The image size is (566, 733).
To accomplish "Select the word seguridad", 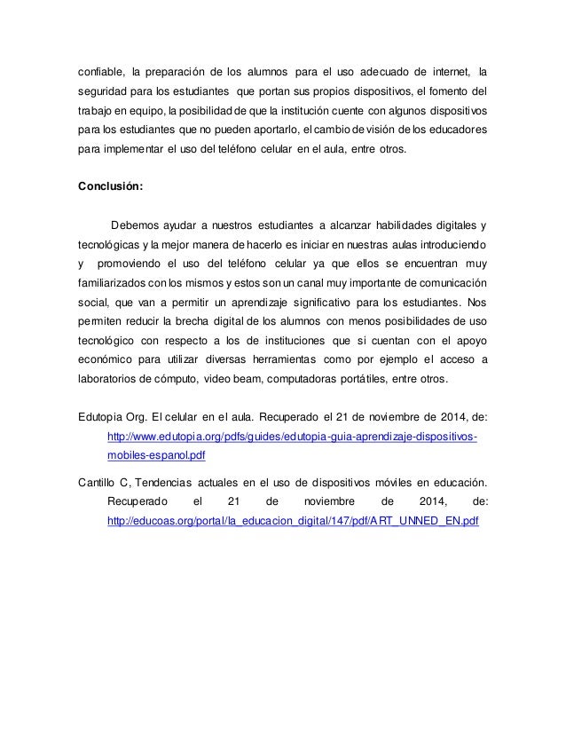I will tap(106, 94).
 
